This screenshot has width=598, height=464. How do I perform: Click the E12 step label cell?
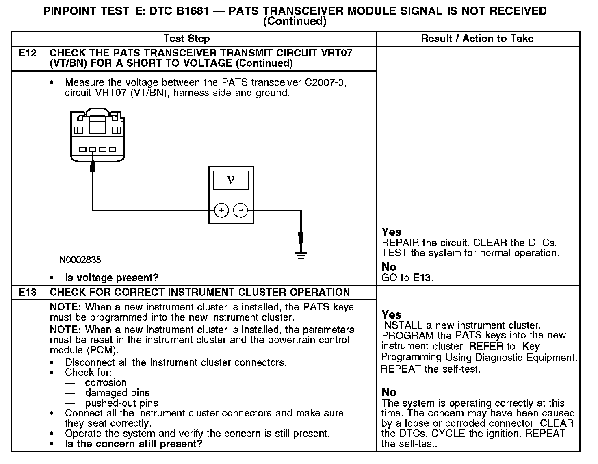pyautogui.click(x=28, y=53)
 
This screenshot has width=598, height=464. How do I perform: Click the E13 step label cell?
pyautogui.click(x=28, y=293)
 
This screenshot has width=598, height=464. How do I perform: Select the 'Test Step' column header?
pyautogui.click(x=186, y=39)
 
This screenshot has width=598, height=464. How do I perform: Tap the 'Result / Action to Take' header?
pyautogui.click(x=477, y=39)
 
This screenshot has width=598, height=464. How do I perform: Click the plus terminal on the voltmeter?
pyautogui.click(x=221, y=210)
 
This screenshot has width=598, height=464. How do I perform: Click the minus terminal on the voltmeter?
pyautogui.click(x=240, y=210)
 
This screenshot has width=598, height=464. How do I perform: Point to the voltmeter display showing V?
pyautogui.click(x=231, y=180)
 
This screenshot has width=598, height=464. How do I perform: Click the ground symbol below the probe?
pyautogui.click(x=301, y=255)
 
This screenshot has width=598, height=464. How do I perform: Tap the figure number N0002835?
pyautogui.click(x=80, y=260)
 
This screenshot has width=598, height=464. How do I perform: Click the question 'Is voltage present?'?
pyautogui.click(x=112, y=278)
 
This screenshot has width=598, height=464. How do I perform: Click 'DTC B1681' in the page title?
pyautogui.click(x=179, y=11)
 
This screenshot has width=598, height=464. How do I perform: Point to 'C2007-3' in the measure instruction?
pyautogui.click(x=325, y=82)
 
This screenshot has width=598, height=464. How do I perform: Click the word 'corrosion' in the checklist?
pyautogui.click(x=106, y=383)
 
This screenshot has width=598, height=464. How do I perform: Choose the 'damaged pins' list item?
pyautogui.click(x=117, y=393)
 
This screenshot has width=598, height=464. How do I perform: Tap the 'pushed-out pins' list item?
pyautogui.click(x=121, y=403)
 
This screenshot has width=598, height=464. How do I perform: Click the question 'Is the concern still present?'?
pyautogui.click(x=134, y=444)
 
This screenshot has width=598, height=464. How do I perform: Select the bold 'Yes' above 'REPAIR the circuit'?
pyautogui.click(x=392, y=232)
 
